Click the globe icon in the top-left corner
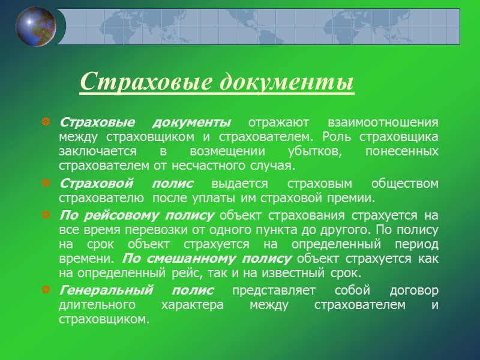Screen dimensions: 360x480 pyautogui.click(x=36, y=26)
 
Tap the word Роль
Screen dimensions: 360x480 pyautogui.click(x=334, y=136)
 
